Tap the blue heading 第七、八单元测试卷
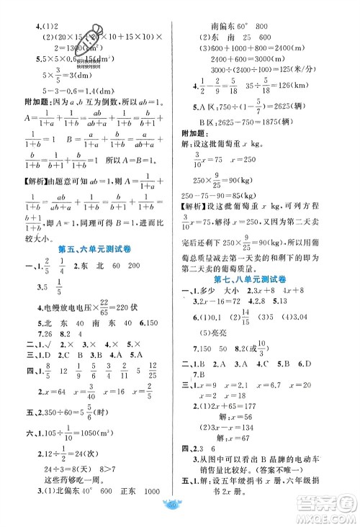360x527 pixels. click(x=263, y=280)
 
